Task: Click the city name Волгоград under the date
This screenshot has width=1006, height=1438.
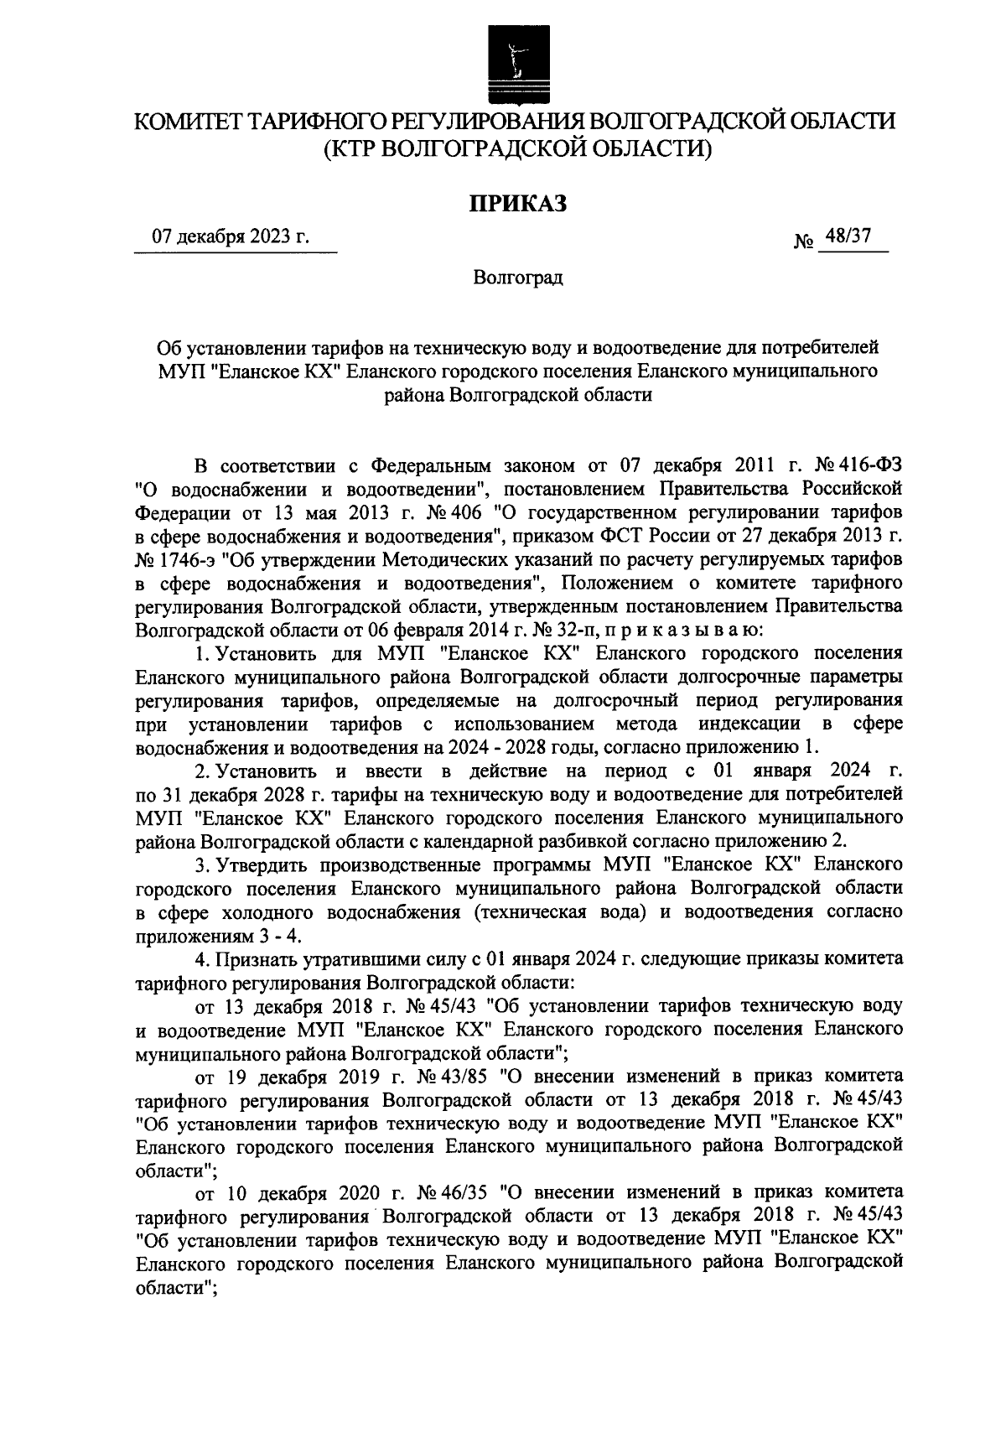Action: [x=518, y=278]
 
